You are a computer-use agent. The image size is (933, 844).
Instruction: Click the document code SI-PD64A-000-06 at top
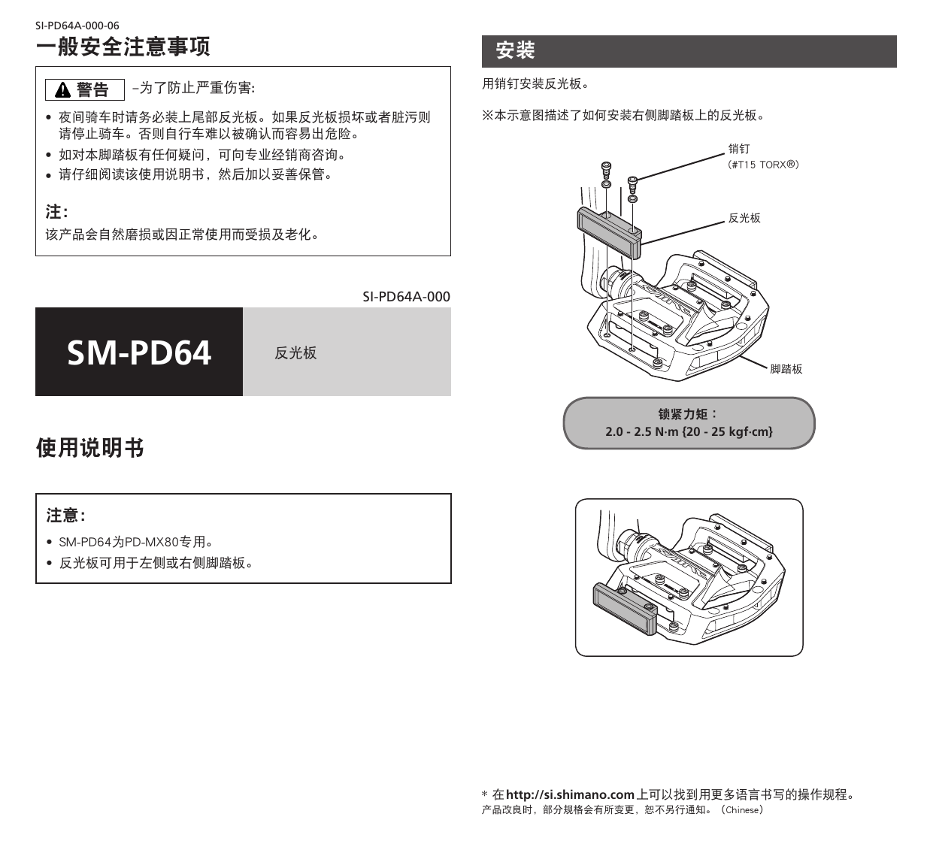[x=77, y=26]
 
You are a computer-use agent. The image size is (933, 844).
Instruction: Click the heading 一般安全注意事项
[x=123, y=47]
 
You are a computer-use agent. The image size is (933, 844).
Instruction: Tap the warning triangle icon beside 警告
[x=63, y=91]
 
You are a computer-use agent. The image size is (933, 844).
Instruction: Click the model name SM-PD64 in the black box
[x=139, y=352]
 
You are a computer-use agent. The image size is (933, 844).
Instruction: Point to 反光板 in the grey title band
[x=295, y=353]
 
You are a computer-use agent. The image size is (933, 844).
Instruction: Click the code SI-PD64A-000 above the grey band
[x=406, y=296]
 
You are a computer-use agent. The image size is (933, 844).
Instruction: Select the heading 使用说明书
[x=90, y=449]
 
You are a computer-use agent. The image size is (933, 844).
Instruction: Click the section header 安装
[x=516, y=51]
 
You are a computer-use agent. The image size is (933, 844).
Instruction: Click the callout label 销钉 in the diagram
[x=738, y=150]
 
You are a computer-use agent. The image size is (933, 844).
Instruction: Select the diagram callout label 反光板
[x=744, y=218]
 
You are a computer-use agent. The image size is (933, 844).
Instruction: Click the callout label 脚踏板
[x=786, y=369]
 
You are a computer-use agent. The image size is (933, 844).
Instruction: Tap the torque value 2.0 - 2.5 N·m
[x=641, y=431]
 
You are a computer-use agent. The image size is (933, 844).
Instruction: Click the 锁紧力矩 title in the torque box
[x=688, y=414]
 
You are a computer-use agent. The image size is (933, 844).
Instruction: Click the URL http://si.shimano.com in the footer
[x=571, y=794]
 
